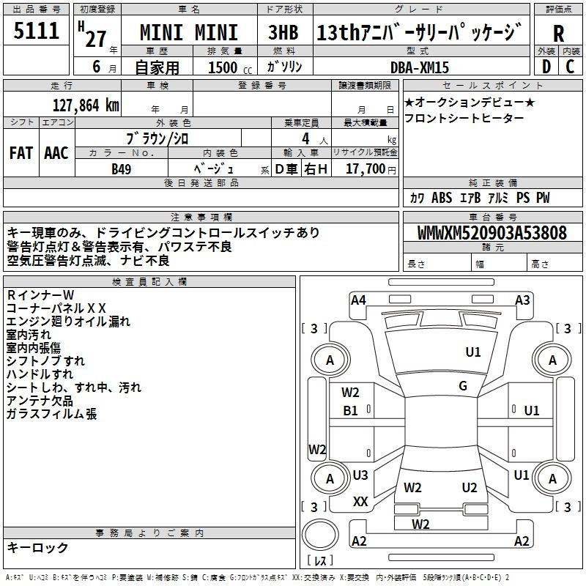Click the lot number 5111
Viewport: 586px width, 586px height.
[x=36, y=31]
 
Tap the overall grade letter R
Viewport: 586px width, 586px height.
[x=558, y=34]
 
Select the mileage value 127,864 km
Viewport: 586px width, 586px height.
[x=86, y=105]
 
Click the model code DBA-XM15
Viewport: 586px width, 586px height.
[x=419, y=67]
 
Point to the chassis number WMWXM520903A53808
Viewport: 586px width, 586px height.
[x=492, y=232]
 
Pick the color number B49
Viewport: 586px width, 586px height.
[x=122, y=169]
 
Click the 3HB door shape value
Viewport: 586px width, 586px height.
[x=283, y=32]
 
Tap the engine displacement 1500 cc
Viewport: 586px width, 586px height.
[x=230, y=67]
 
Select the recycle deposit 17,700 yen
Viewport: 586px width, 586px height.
[x=371, y=169]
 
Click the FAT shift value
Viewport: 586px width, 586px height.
[x=21, y=153]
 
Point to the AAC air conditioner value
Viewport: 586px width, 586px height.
[x=56, y=153]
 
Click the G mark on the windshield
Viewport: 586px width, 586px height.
[x=463, y=386]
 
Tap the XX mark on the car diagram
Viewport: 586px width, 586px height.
[x=360, y=502]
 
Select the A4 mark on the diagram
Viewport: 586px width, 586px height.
[x=358, y=300]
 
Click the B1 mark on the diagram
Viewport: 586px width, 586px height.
[x=350, y=411]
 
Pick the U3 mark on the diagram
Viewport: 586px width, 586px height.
[x=360, y=475]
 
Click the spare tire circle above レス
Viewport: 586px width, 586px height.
[x=320, y=535]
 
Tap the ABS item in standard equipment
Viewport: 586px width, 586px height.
[x=442, y=198]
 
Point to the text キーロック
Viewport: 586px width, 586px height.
[x=37, y=547]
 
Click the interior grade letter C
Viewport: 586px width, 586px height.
[x=570, y=67]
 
